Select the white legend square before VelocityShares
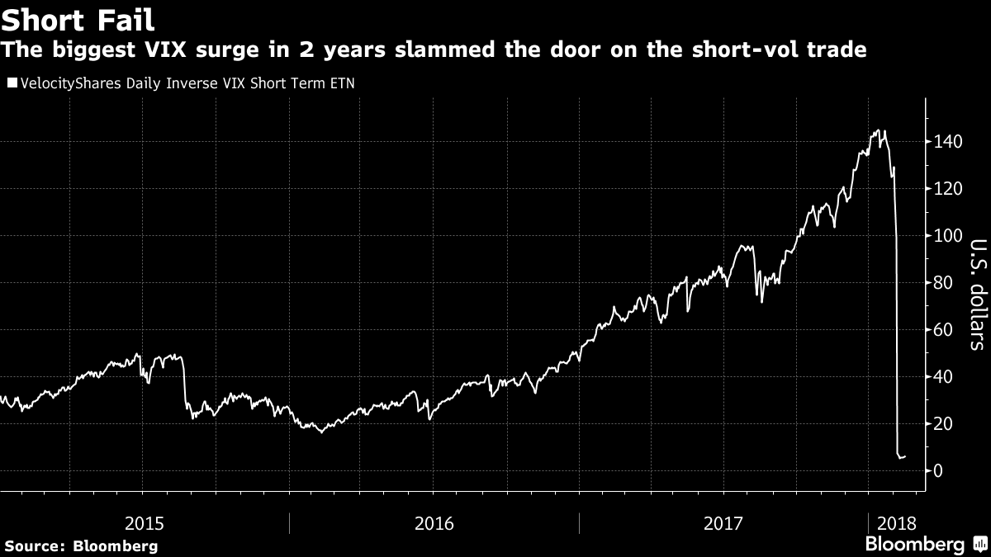click(x=11, y=83)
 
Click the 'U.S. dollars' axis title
click(x=977, y=295)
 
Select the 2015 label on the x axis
click(x=145, y=523)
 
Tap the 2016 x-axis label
click(x=434, y=523)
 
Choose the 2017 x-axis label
click(x=724, y=523)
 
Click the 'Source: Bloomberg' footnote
click(x=81, y=545)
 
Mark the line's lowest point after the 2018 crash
click(x=900, y=458)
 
